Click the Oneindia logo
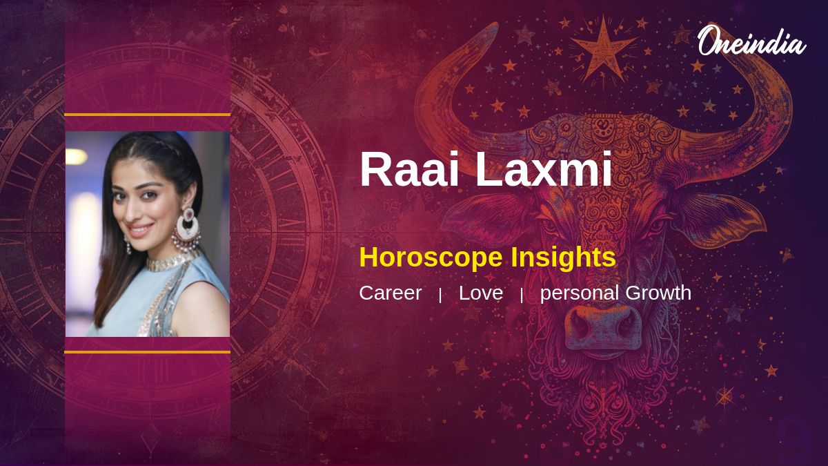[752, 41]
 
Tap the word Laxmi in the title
[544, 169]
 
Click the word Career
[391, 293]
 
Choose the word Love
[481, 293]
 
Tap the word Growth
[658, 293]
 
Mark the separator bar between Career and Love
[440, 295]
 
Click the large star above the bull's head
[603, 50]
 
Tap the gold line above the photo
[148, 115]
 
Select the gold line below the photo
[148, 352]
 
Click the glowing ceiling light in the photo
[76, 157]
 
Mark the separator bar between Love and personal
[522, 295]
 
